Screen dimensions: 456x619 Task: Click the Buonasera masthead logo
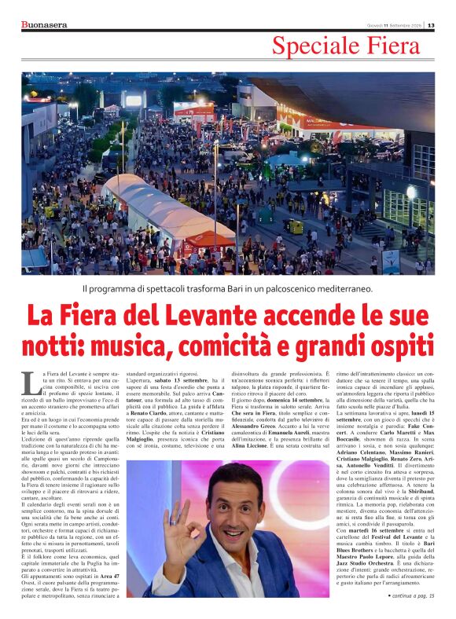coord(44,24)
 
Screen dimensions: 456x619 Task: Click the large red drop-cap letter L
coord(30,383)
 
